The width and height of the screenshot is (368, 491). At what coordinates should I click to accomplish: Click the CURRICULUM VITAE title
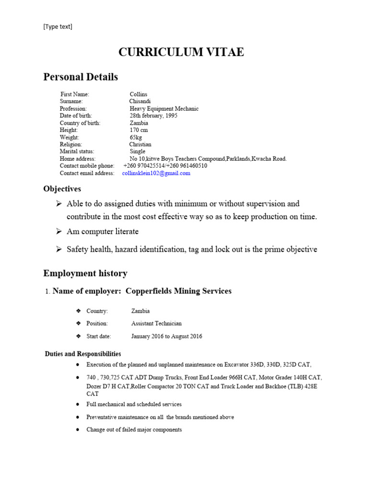tap(181, 52)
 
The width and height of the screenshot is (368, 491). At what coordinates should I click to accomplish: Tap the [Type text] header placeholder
tap(57, 27)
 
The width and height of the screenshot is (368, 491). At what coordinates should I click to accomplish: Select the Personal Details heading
tap(80, 77)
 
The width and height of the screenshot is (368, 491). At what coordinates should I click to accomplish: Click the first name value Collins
tap(138, 94)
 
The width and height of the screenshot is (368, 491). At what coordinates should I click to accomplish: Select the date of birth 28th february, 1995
tap(153, 116)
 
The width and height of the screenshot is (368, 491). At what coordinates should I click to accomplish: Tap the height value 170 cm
tap(139, 130)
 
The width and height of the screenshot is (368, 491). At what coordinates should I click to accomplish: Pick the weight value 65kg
tap(136, 137)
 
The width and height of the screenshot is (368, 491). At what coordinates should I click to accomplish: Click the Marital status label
tap(79, 152)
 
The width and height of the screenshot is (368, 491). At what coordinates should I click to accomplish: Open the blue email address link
tap(156, 173)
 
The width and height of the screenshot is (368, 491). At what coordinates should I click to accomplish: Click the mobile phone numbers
tap(165, 166)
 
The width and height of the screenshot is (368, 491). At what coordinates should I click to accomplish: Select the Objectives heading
tap(62, 189)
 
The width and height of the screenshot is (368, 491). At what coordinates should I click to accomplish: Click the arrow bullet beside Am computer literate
tap(59, 232)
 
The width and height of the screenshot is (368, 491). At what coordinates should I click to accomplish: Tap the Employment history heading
tap(85, 273)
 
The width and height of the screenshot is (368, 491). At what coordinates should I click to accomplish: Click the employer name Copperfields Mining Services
tap(178, 291)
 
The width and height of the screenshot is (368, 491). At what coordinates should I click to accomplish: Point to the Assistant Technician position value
tap(157, 324)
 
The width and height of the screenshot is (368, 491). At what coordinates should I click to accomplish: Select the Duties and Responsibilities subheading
tap(83, 354)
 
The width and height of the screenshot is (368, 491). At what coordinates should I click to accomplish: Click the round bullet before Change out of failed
tap(78, 430)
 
